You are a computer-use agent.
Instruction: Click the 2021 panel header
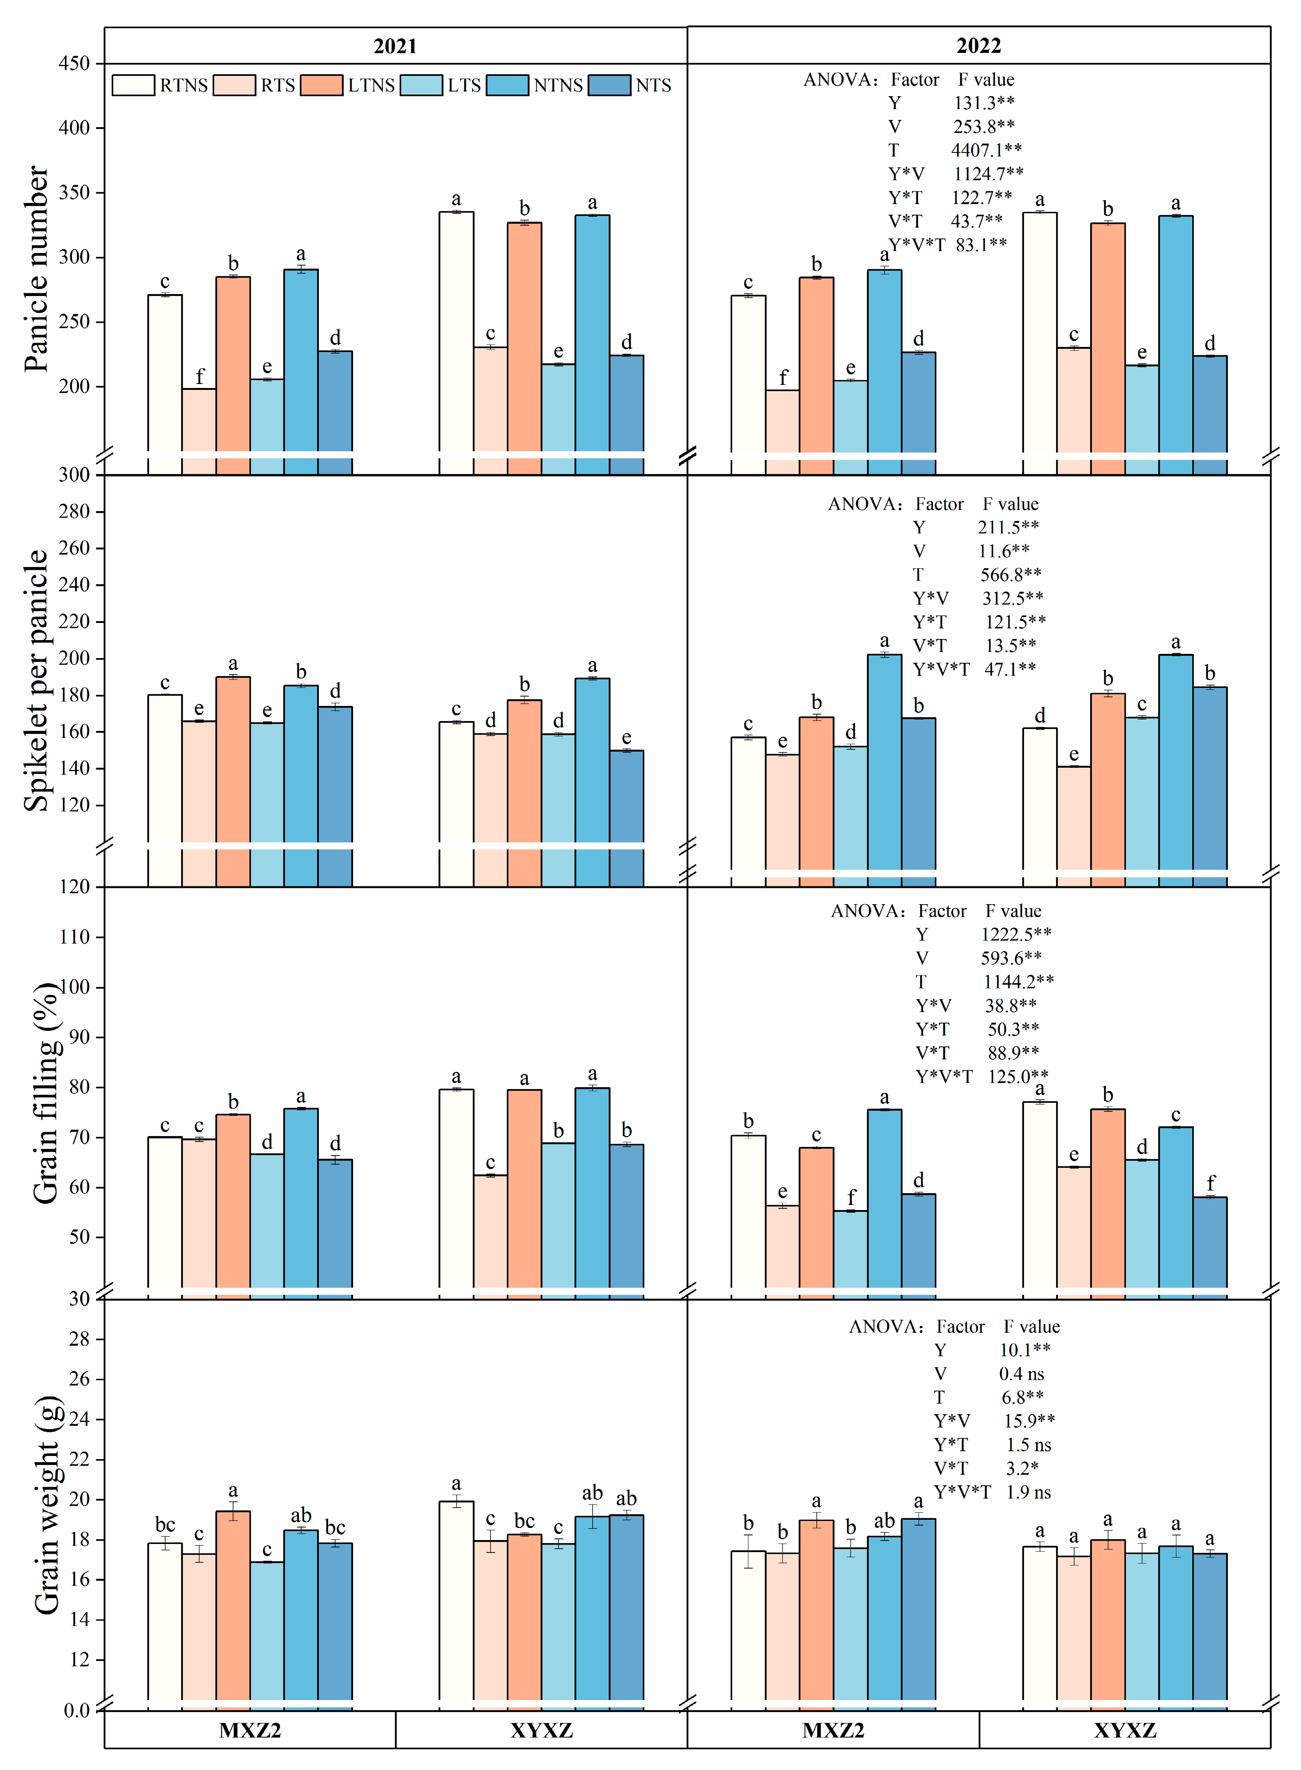(395, 46)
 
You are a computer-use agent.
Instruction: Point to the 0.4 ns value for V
(1021, 1374)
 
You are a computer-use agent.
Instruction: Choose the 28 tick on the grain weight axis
(79, 1339)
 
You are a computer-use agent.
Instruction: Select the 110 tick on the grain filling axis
(75, 937)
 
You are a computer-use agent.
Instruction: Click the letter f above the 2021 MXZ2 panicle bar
(199, 376)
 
